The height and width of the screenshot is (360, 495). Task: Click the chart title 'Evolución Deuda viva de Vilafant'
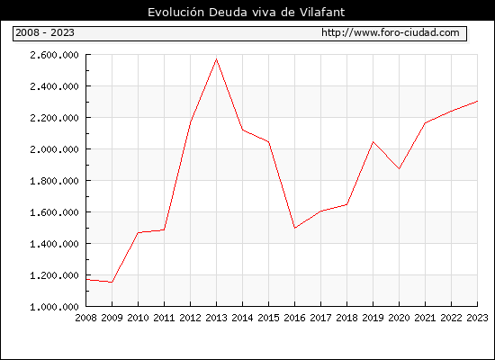coord(247,12)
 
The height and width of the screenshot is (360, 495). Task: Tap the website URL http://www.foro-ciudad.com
coord(391,32)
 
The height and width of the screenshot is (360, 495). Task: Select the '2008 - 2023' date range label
coord(45,32)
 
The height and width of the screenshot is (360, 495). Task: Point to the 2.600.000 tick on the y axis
coord(54,55)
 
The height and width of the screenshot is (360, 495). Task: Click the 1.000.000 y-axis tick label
coord(54,307)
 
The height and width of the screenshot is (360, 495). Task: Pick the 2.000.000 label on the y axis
coord(54,149)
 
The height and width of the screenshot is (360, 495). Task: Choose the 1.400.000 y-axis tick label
coord(54,244)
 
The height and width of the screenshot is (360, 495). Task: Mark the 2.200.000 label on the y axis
coord(54,118)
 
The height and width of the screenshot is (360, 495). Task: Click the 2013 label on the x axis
coord(216,318)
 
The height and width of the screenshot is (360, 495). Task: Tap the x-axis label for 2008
coord(85,318)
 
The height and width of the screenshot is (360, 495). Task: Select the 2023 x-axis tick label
coord(477,318)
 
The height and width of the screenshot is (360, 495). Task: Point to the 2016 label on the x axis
coord(294,318)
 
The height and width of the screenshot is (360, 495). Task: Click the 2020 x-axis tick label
coord(399,318)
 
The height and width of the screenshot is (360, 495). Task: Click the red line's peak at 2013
coord(216,59)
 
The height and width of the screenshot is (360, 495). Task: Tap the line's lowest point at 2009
coord(112,283)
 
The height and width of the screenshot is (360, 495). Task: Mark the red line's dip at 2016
coord(294,228)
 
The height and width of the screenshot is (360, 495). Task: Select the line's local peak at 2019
coord(373,141)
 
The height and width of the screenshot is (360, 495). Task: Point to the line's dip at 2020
coord(399,168)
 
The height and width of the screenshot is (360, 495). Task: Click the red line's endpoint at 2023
coord(477,101)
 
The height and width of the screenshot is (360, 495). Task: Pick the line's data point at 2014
coord(242,130)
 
